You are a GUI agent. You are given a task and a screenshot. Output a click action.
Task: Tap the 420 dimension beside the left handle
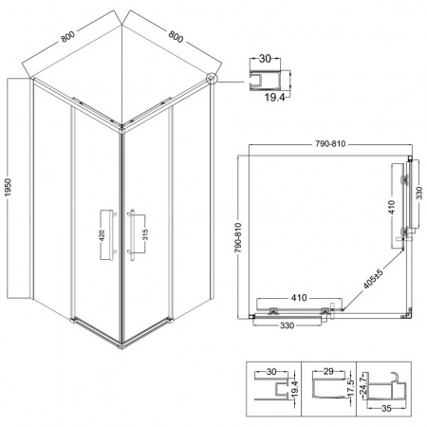point(102,235)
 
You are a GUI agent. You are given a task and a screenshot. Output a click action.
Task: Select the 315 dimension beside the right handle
point(145,234)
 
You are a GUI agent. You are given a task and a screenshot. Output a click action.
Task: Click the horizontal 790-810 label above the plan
point(330,144)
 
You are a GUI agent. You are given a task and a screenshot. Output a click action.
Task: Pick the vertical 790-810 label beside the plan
point(238,237)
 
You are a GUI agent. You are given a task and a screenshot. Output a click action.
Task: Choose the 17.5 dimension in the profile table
point(351,385)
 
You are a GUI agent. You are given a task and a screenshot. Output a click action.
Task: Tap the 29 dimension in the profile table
point(329,371)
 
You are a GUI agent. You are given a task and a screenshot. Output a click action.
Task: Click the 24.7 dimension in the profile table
point(363,383)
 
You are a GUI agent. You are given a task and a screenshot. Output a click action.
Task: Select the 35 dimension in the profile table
point(386,408)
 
